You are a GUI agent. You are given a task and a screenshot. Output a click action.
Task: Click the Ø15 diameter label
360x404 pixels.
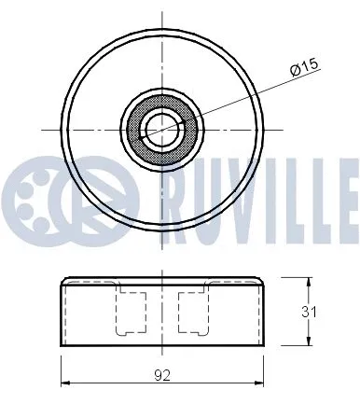tap(304, 67)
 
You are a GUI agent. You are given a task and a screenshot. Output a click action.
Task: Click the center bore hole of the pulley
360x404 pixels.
tap(160, 128)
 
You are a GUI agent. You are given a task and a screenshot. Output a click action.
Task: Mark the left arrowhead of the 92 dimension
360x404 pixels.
tap(64, 382)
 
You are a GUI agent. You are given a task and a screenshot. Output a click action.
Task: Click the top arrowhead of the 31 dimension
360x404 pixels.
tap(309, 279)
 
